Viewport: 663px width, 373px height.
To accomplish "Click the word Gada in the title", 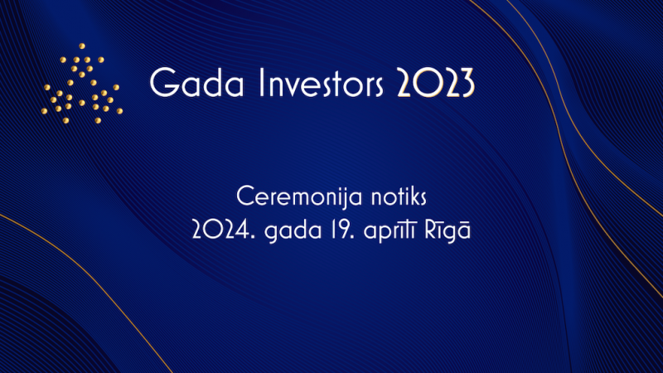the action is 196,82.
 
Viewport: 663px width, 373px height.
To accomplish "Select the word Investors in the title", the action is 321,82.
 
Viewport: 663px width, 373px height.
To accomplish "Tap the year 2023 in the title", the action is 436,83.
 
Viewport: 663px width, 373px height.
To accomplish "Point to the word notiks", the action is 399,196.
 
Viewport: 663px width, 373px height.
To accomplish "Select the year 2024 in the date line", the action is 221,230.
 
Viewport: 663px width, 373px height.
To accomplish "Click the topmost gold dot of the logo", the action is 82,46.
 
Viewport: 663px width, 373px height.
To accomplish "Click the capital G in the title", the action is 163,82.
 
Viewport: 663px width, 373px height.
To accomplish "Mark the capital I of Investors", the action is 260,82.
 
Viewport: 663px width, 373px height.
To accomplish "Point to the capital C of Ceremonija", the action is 245,196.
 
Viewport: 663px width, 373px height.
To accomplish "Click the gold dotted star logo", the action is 82,84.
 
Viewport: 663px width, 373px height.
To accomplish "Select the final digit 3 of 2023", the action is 467,83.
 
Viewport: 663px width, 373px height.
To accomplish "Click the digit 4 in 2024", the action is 242,230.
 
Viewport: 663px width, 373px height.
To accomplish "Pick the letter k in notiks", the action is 411,196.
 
